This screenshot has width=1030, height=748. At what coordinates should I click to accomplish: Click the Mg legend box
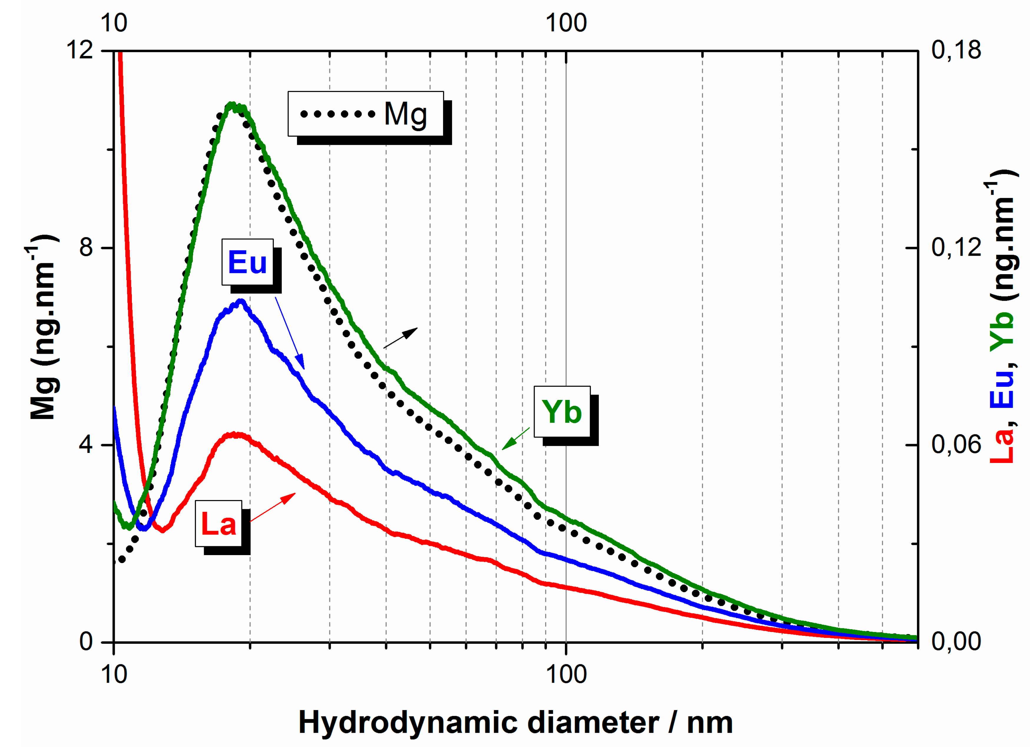[366, 114]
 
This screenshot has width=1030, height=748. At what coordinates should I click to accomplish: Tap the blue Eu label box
[248, 262]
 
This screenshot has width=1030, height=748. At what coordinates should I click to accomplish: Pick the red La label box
[218, 524]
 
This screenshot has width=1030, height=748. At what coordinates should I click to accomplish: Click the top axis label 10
[114, 23]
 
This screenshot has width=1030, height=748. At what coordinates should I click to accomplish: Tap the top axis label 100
[566, 23]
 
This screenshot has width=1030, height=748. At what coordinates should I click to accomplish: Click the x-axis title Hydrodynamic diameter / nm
[515, 723]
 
